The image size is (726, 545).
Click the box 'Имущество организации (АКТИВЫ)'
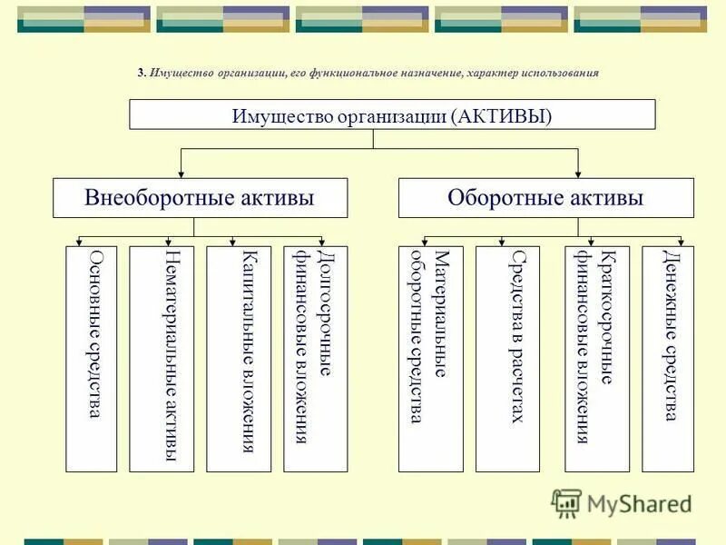392,114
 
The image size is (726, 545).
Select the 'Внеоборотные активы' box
200,198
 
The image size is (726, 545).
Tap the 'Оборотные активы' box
545,198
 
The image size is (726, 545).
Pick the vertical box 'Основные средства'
92,359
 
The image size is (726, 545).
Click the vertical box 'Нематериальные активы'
162,359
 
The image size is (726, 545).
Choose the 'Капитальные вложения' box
240,359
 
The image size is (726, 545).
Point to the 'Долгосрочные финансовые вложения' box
316,359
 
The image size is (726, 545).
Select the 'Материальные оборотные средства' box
430,359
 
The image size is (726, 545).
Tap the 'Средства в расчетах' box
507,359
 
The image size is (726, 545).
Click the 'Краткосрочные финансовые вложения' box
597,359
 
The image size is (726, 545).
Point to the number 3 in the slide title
141,73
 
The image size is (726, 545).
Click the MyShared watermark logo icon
567,502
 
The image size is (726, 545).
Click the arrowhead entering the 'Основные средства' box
80,242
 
